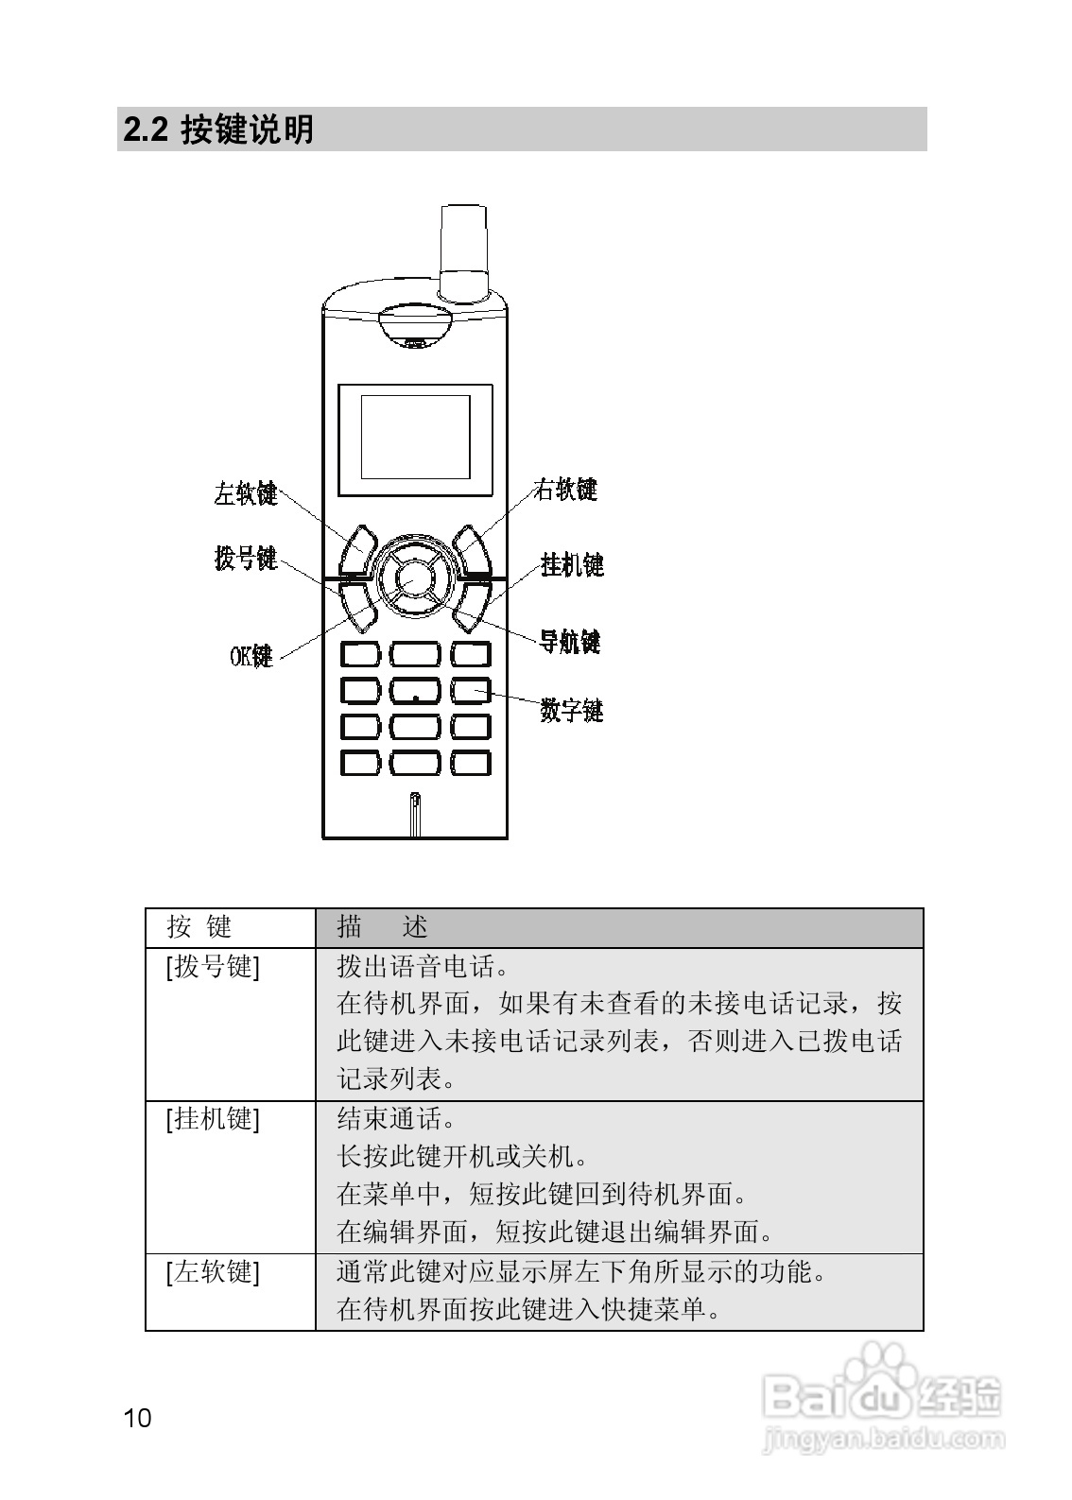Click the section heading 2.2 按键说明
point(218,129)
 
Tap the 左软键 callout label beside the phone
point(245,493)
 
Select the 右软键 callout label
point(565,490)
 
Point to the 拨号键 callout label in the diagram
point(246,559)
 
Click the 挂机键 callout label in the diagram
point(572,565)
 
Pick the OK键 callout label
point(251,656)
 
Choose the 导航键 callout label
point(570,642)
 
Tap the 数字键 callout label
point(572,710)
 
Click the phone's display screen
point(415,436)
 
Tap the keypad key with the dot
point(415,691)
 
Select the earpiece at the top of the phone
point(415,326)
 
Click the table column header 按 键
point(199,927)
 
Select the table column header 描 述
point(383,927)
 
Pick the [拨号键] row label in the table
point(213,967)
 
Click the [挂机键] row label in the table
point(213,1119)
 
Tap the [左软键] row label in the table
point(213,1272)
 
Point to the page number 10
point(137,1418)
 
